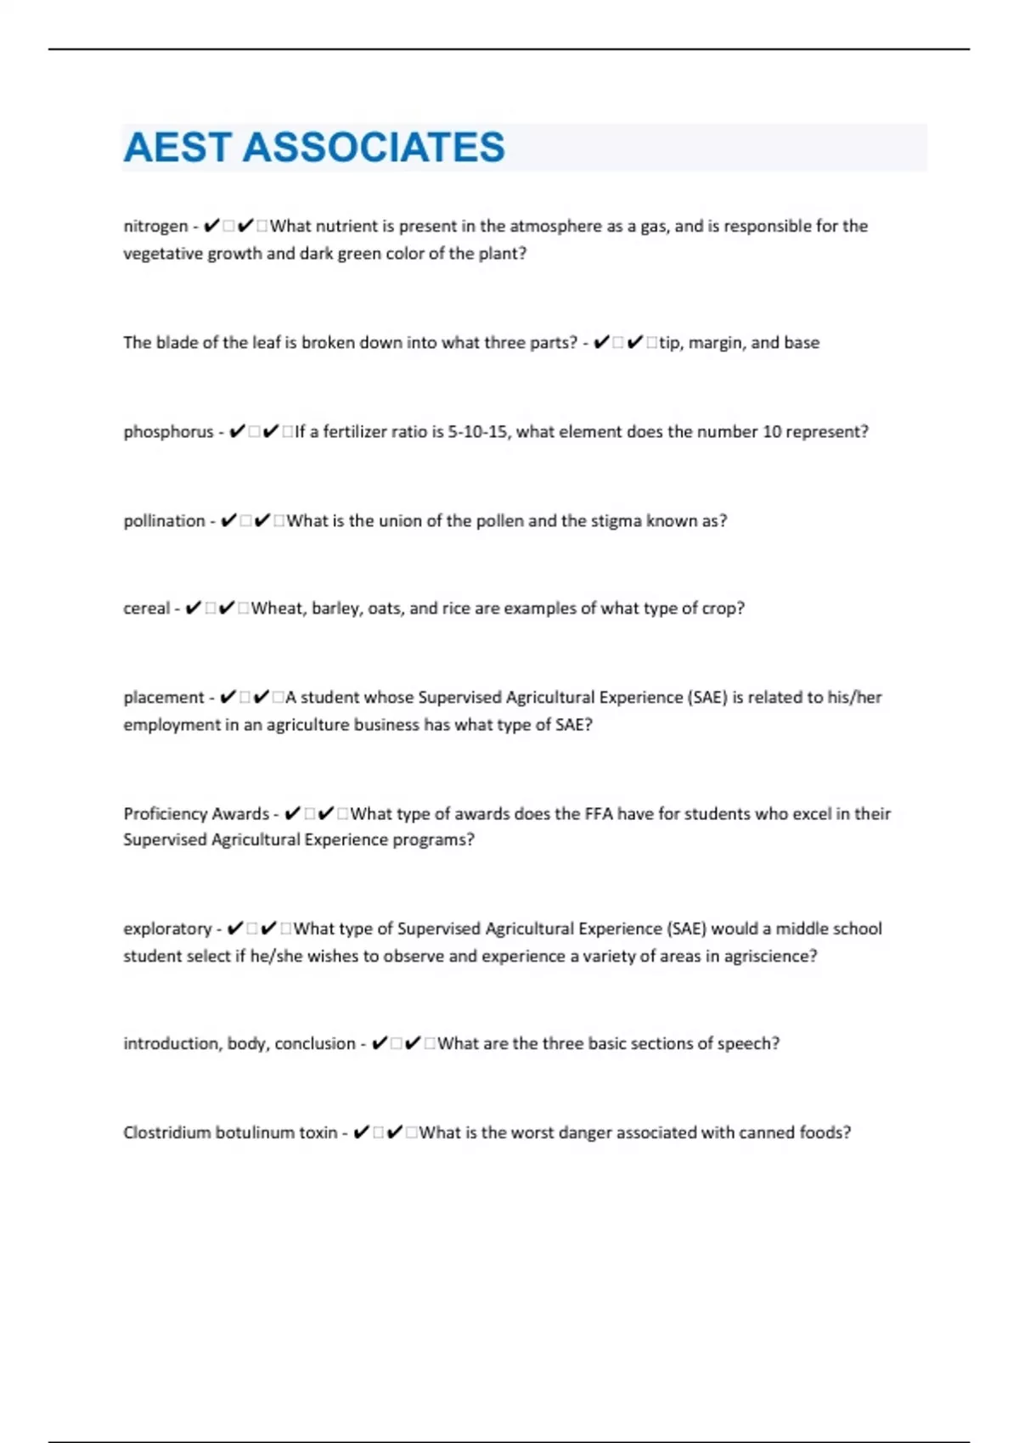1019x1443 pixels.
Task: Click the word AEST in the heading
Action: pyautogui.click(x=177, y=148)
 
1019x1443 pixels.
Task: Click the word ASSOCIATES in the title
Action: pyautogui.click(x=374, y=148)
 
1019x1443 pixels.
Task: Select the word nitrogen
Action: pyautogui.click(x=155, y=227)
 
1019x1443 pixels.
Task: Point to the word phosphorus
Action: pyautogui.click(x=168, y=432)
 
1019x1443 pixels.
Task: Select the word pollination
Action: pyautogui.click(x=164, y=521)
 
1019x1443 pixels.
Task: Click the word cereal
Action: pyautogui.click(x=146, y=609)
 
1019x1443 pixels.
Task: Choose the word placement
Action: pyautogui.click(x=164, y=698)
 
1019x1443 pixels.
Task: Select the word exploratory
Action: pyautogui.click(x=167, y=929)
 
